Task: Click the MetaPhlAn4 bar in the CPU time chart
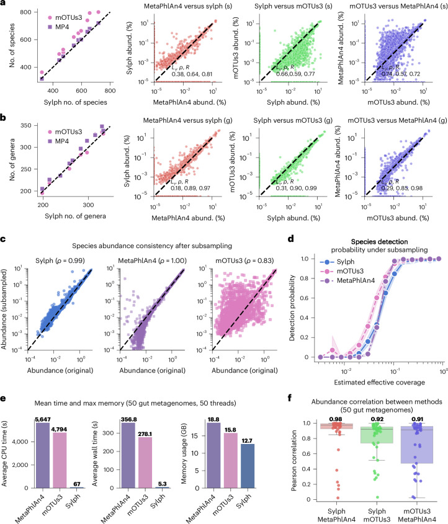42,456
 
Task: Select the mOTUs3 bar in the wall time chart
145,463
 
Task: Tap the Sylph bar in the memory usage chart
248,466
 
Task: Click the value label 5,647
42,419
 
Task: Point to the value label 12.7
247,440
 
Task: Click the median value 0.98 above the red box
336,419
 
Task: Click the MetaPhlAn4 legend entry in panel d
347,280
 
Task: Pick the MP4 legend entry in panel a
58,27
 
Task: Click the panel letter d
291,239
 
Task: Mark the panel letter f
290,398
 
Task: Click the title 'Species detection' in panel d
379,242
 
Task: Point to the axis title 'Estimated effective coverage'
380,383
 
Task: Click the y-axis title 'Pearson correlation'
294,460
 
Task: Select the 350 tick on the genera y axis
25,126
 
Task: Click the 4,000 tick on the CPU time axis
20,442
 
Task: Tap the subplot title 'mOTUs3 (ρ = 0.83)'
244,260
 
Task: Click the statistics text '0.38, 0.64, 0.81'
192,74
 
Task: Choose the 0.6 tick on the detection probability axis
304,298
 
